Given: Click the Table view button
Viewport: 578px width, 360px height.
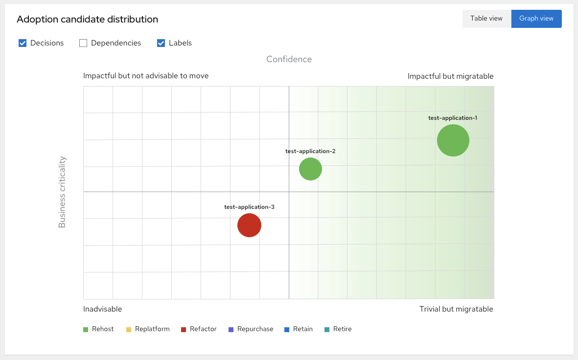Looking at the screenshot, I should click(486, 19).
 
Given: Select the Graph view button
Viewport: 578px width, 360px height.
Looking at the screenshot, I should click(536, 19).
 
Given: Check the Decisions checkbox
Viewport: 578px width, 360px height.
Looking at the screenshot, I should click(23, 43).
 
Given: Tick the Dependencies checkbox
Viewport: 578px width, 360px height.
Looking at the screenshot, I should click(83, 43).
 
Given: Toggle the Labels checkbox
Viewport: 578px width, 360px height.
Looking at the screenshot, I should click(161, 43).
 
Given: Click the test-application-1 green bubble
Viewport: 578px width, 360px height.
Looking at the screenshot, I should click(453, 140).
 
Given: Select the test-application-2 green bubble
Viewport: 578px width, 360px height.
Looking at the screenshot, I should click(310, 169).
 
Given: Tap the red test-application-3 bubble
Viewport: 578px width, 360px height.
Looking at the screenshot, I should click(249, 225).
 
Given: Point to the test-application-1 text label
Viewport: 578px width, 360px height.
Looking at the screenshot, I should click(452, 118).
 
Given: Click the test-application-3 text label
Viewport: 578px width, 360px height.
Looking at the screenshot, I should click(249, 207).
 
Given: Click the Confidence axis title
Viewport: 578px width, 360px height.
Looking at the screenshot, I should click(289, 59).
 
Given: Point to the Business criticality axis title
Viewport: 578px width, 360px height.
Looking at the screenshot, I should click(62, 192).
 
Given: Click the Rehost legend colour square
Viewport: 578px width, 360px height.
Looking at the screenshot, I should click(86, 330).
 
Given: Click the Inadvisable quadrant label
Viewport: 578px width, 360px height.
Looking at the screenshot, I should click(102, 309).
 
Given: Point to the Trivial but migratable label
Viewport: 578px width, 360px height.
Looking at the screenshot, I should click(456, 309).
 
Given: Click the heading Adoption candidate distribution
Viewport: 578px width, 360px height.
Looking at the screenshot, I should click(87, 20).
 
